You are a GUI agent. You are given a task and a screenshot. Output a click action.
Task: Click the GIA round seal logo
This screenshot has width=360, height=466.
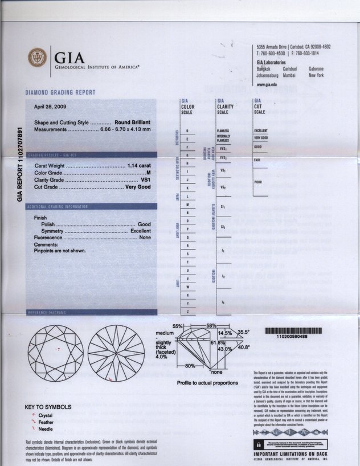[38, 58]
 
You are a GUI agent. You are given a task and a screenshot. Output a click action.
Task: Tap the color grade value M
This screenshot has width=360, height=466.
[148, 172]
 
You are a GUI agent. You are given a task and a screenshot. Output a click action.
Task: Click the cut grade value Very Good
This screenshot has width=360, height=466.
[138, 186]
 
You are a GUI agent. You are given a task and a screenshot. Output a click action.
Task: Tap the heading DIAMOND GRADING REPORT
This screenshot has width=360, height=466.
[60, 92]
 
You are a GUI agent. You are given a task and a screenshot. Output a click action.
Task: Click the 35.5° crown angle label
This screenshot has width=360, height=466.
[244, 331]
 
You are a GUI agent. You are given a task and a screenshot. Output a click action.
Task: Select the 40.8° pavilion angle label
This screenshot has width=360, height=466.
[244, 347]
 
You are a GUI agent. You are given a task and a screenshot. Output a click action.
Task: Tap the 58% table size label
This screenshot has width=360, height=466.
[211, 325]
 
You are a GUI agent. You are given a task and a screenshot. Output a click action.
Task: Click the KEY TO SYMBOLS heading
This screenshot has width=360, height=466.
[48, 407]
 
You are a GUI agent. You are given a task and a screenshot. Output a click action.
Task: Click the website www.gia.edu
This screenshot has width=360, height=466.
[267, 84]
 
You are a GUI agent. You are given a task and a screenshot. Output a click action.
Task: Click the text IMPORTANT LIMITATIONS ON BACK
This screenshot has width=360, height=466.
[291, 453]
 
